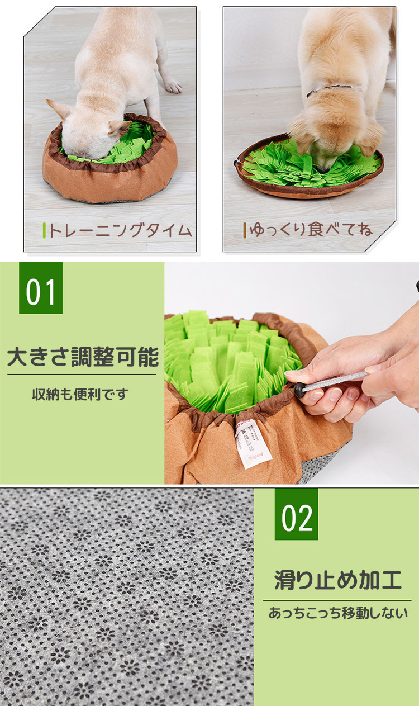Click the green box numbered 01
point(41,288)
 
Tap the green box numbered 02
point(296,514)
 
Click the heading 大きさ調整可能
point(83,357)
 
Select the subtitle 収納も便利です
point(80,394)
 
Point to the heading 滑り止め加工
point(338,580)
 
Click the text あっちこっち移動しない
point(338,613)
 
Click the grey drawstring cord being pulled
point(335,382)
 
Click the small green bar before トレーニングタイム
point(44,230)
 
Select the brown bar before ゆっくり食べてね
point(245,230)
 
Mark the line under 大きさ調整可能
point(82,375)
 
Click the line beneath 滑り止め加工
point(337,600)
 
